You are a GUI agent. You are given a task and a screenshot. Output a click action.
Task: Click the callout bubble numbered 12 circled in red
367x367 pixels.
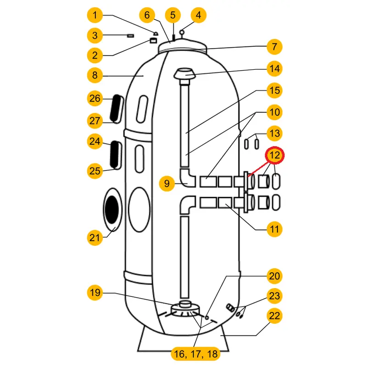(x=274, y=156)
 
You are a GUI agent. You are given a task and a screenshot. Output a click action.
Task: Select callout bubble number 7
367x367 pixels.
(x=274, y=47)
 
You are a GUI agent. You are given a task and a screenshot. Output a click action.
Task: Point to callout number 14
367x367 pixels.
(x=274, y=69)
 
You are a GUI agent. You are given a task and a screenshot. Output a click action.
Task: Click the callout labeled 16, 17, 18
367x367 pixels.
(x=195, y=354)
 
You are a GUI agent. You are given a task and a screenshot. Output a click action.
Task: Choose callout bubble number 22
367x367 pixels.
(x=274, y=316)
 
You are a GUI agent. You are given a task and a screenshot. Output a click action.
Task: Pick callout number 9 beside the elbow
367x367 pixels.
(x=167, y=184)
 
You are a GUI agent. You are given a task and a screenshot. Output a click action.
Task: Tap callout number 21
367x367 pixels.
(x=95, y=237)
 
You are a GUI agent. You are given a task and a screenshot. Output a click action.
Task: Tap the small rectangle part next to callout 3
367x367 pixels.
(x=130, y=35)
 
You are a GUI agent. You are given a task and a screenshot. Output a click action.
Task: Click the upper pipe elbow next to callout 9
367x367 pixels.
(x=188, y=178)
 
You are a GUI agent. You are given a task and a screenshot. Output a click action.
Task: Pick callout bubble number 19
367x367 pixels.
(x=95, y=293)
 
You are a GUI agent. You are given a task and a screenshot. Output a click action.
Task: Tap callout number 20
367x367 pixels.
(x=274, y=276)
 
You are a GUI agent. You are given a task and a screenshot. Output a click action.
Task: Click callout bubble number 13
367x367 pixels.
(x=274, y=133)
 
